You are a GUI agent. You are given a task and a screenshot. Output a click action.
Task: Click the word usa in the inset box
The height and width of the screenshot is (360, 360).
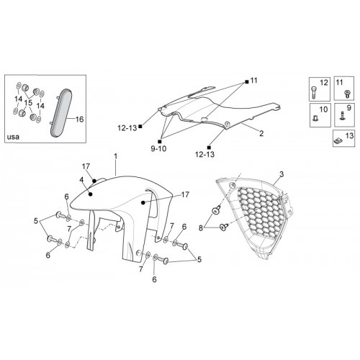(x=13, y=137)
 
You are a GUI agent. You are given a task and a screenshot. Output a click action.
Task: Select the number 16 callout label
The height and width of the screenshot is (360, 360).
(x=79, y=120)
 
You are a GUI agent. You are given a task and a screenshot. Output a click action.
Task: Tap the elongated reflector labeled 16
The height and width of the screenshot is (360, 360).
(x=61, y=113)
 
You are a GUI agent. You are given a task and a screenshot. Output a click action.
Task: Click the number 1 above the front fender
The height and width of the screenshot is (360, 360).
(x=116, y=156)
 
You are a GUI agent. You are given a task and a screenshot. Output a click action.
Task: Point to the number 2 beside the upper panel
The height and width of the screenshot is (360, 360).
(x=261, y=133)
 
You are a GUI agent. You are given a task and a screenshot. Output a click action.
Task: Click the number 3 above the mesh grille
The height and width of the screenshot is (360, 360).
(x=282, y=174)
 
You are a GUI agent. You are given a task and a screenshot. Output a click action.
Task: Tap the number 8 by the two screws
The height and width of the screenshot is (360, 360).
(x=201, y=228)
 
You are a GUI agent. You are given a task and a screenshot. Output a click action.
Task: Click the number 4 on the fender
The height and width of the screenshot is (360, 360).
(x=81, y=180)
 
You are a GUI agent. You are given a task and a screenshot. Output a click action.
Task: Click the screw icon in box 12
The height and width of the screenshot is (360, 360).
(x=313, y=91)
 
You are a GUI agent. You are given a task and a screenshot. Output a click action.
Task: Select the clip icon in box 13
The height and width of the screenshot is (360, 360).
(x=338, y=141)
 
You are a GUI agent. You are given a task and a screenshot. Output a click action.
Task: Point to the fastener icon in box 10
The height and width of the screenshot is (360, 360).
(x=315, y=118)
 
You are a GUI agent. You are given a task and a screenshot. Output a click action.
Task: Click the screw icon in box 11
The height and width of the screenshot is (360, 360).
(x=347, y=94)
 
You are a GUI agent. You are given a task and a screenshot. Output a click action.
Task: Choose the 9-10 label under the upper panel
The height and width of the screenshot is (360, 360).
(x=158, y=149)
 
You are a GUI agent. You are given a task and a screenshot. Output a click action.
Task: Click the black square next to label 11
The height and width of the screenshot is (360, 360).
(x=247, y=82)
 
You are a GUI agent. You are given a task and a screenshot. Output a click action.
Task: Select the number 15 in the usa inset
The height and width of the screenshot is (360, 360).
(x=28, y=103)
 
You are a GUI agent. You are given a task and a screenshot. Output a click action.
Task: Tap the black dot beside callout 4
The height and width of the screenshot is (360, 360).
(x=91, y=194)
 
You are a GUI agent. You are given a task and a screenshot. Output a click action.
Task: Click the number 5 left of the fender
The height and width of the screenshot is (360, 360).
(x=36, y=221)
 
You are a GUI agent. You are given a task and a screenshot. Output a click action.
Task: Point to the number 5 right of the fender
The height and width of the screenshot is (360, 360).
(x=199, y=259)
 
